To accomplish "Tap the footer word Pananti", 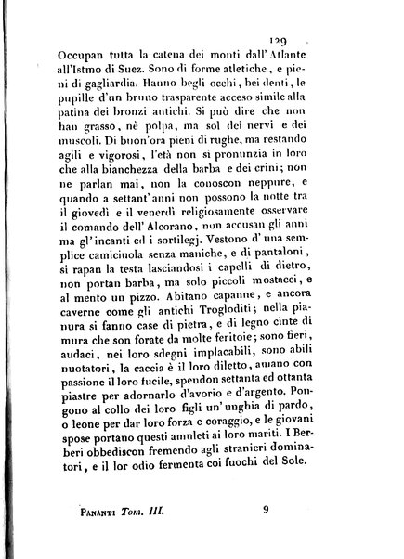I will pyautogui.click(x=103, y=533).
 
